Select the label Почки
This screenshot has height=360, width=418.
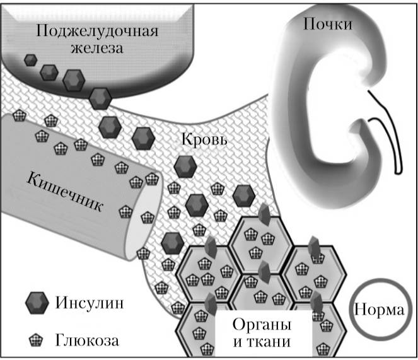327,24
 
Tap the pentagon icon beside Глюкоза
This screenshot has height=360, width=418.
37,340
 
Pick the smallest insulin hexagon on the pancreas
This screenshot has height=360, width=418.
30,60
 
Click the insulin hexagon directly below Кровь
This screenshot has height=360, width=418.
185,166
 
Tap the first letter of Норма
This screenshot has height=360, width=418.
360,311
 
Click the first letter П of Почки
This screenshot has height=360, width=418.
309,24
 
